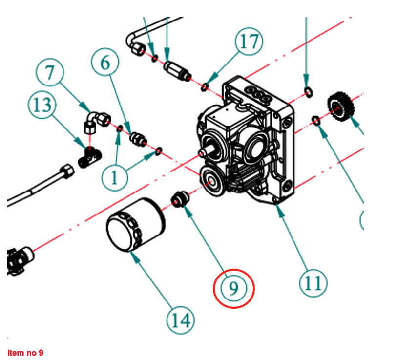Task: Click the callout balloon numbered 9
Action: point(234,288)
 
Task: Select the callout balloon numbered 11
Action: point(313,282)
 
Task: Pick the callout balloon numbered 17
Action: point(249,43)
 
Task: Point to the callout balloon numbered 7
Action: point(50,74)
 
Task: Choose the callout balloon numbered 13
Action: point(42,106)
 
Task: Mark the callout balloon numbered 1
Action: point(114,176)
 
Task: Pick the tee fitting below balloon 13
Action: point(89,157)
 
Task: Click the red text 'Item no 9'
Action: point(25,352)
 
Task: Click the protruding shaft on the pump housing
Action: point(207,152)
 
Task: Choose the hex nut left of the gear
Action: point(316,119)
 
